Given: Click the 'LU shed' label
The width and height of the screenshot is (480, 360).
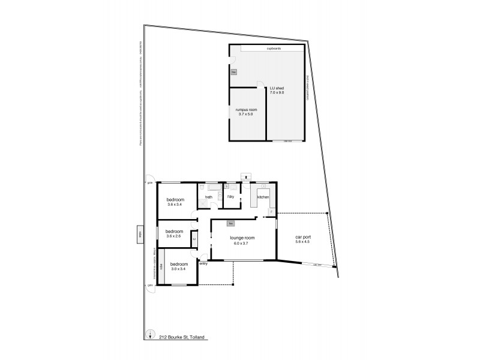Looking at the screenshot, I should [x=277, y=88].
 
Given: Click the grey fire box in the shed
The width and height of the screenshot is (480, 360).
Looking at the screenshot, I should [x=235, y=73].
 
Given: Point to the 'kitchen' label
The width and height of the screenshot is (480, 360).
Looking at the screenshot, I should [x=263, y=197].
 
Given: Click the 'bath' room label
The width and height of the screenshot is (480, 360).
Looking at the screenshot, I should [x=209, y=197].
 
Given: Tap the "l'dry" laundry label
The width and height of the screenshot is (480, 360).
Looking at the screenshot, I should [x=230, y=197].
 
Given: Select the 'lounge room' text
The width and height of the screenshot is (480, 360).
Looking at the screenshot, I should [x=243, y=238].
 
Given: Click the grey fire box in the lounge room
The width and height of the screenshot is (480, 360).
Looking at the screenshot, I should [x=230, y=224].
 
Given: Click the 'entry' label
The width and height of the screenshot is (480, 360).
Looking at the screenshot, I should [x=203, y=263].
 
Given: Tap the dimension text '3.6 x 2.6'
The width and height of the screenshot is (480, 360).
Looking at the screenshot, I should [x=175, y=236].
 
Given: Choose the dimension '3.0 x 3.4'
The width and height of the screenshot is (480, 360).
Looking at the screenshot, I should [x=179, y=269].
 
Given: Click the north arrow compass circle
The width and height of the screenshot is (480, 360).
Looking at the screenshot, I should [x=149, y=336].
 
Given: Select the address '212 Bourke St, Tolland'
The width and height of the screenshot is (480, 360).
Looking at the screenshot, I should [x=182, y=337].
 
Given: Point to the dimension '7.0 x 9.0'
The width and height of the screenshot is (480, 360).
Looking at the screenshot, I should [x=277, y=93].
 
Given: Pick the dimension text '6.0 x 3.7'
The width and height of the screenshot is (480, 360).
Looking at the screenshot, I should [x=243, y=242].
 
